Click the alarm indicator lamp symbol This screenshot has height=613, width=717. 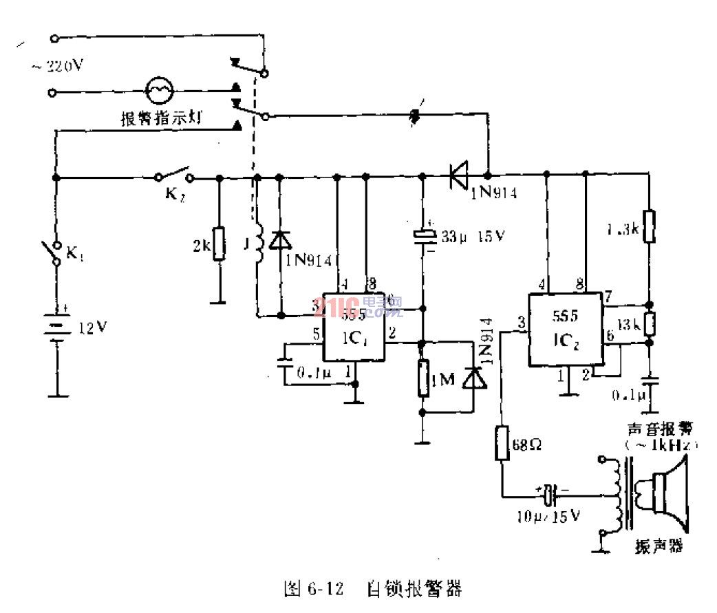coord(160,91)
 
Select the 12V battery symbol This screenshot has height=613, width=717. coord(57,327)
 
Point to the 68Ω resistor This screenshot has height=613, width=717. coord(502,442)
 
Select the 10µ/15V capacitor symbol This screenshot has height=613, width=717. coord(549,494)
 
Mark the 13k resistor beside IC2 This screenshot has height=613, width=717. coord(648,323)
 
